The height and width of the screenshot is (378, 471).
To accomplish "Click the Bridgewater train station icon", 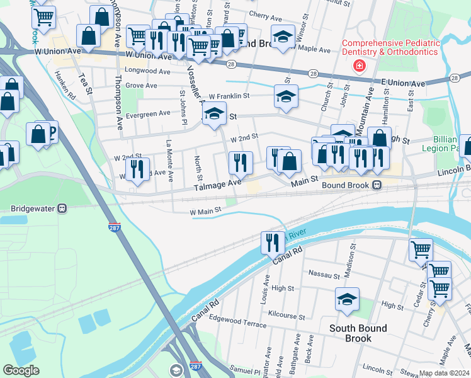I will click(62, 208).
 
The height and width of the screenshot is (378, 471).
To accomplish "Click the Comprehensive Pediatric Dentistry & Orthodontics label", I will click(390, 47).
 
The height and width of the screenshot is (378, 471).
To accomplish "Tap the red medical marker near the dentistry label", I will click(360, 66).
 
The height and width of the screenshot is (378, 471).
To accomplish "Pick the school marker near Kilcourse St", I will click(347, 300).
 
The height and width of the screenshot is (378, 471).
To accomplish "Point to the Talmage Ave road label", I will click(217, 183).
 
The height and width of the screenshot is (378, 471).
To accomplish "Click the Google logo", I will click(21, 370).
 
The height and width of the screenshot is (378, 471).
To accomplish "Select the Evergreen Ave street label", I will click(148, 113).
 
